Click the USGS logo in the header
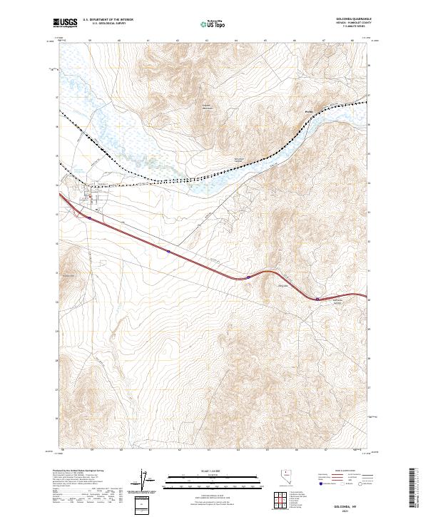click(x=65, y=24)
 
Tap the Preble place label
click(x=309, y=112)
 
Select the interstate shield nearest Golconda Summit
click(x=317, y=300)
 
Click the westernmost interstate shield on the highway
click(x=168, y=251)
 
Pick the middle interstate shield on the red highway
click(x=247, y=277)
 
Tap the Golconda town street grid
click(x=91, y=193)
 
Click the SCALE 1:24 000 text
click(x=213, y=471)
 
